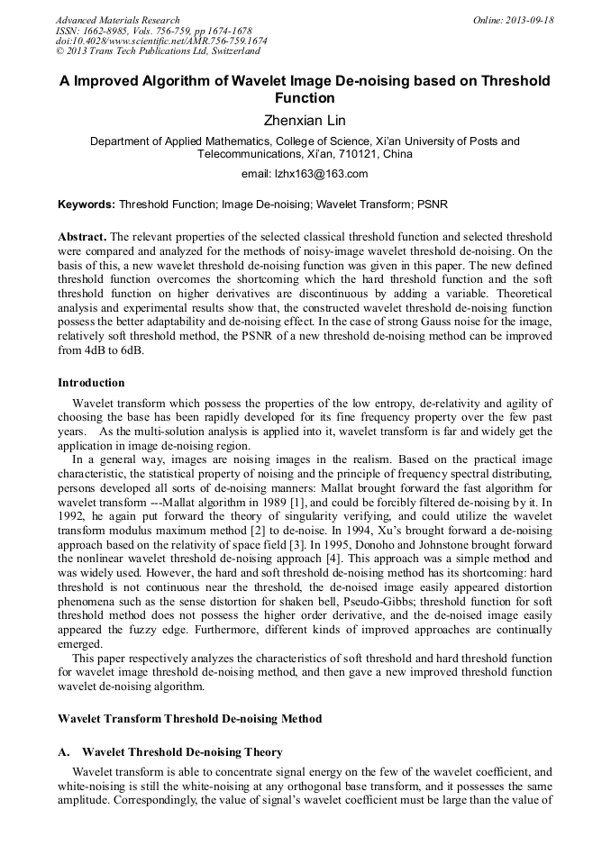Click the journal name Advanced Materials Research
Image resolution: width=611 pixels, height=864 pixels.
117,20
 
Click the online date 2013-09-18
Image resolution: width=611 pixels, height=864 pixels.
530,20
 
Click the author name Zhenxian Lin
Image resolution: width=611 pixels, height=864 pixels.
305,121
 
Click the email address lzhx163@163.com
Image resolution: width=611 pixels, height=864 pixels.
305,174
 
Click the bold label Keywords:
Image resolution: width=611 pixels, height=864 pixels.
87,205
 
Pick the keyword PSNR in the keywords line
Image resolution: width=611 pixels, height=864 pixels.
433,205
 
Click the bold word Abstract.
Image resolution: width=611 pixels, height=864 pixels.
81,235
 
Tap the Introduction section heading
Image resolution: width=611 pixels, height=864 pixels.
91,383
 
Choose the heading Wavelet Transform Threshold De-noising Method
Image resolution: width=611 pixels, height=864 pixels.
189,719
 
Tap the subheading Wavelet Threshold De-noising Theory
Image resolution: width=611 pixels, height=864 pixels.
182,752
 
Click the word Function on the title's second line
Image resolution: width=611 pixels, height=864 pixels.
305,98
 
